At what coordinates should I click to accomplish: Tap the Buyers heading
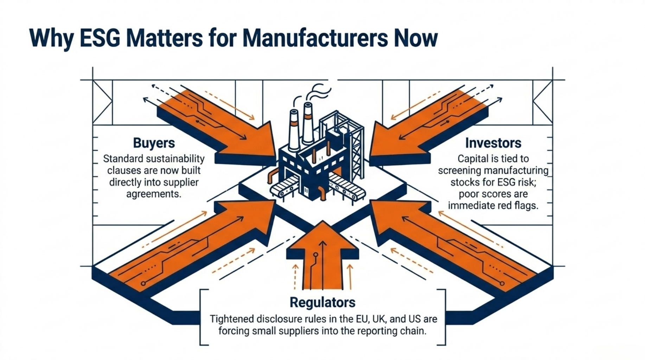(154, 143)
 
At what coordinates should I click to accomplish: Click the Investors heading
(493, 143)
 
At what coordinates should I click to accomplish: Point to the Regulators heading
(322, 302)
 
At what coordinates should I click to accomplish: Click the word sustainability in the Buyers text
(175, 159)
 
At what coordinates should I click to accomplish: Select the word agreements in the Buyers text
(154, 194)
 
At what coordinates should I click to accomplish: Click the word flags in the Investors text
(524, 205)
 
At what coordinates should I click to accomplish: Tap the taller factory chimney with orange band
(308, 123)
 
